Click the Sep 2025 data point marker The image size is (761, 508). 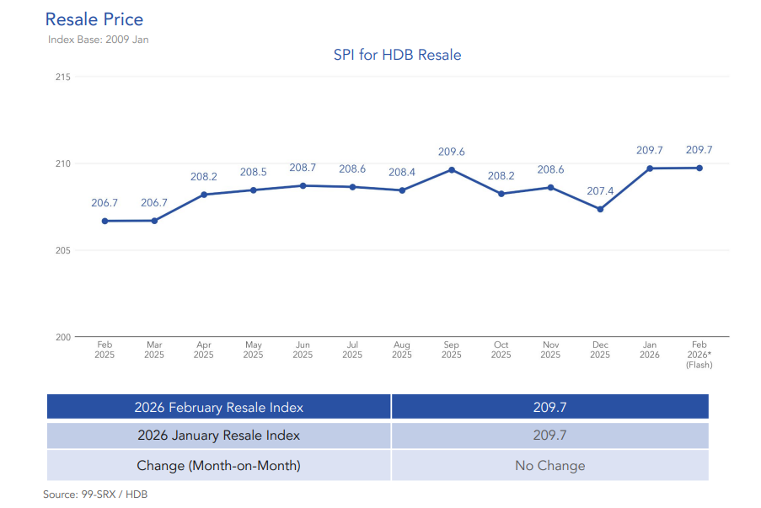[452, 169]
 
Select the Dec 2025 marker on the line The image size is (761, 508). [600, 209]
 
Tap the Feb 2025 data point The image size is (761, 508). [105, 221]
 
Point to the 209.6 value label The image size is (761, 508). [452, 152]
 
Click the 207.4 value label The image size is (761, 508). [600, 191]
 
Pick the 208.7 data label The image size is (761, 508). [303, 168]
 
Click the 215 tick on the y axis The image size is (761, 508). [62, 77]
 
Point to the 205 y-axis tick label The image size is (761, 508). [62, 250]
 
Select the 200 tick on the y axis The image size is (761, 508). [62, 337]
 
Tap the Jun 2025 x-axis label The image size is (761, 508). [303, 350]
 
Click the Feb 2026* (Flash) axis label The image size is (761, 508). [699, 355]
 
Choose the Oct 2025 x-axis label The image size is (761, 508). [501, 350]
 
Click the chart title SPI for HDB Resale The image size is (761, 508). [397, 55]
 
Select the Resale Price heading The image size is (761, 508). [94, 19]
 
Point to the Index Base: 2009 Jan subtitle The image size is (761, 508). [99, 39]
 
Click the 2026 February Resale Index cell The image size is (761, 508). [218, 407]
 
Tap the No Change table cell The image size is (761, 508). [549, 465]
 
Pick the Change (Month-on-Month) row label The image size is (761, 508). [218, 465]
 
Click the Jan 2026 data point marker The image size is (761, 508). [650, 168]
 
